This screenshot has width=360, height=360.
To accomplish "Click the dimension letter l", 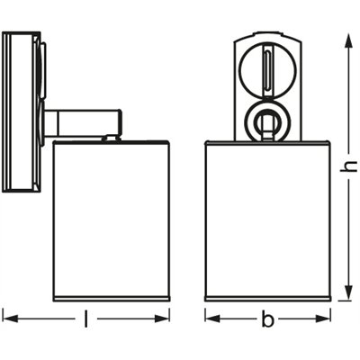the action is click(86, 319).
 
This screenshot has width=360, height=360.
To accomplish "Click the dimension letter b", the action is click(267, 319).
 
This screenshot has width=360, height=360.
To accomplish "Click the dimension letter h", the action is click(348, 166).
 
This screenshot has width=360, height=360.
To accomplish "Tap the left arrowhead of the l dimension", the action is click(10, 319).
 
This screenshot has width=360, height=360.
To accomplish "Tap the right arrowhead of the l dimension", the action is click(162, 319).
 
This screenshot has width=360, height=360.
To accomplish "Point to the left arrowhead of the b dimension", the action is click(212, 319).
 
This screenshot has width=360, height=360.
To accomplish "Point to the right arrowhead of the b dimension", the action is click(323, 319).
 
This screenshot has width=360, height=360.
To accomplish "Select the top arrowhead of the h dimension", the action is click(348, 41).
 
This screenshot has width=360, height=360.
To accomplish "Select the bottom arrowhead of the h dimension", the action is click(348, 292).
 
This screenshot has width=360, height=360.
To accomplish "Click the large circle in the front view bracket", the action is click(240, 70).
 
